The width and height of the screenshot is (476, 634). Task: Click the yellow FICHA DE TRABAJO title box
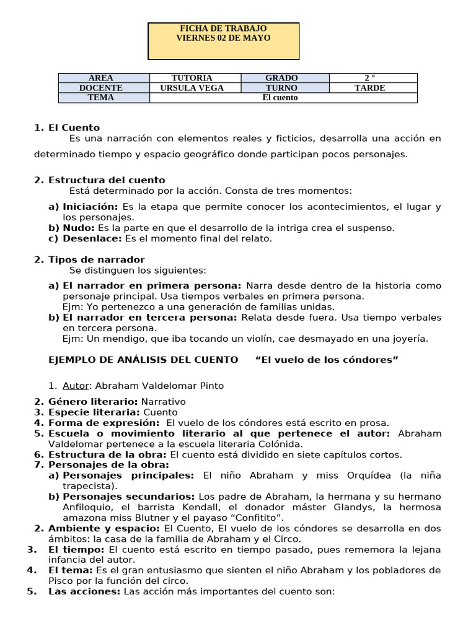pyautogui.click(x=223, y=41)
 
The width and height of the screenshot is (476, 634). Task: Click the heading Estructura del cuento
pyautogui.click(x=107, y=180)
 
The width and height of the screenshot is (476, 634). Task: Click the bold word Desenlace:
pyautogui.click(x=93, y=238)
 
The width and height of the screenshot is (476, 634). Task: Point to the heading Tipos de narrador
pyautogui.click(x=97, y=259)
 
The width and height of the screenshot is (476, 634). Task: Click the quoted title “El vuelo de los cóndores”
pyautogui.click(x=327, y=360)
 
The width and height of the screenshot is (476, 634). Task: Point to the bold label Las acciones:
pyautogui.click(x=84, y=591)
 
